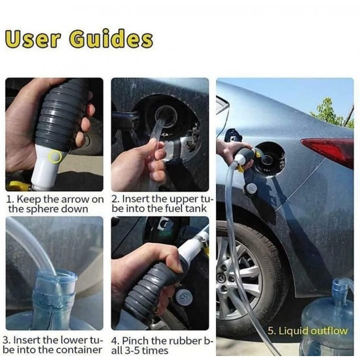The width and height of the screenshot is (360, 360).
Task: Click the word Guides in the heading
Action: [111, 39]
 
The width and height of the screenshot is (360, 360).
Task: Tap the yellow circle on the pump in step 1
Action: [55, 156]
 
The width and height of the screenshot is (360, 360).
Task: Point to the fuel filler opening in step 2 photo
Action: [166, 116]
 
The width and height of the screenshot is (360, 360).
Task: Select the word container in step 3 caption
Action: [79, 350]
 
